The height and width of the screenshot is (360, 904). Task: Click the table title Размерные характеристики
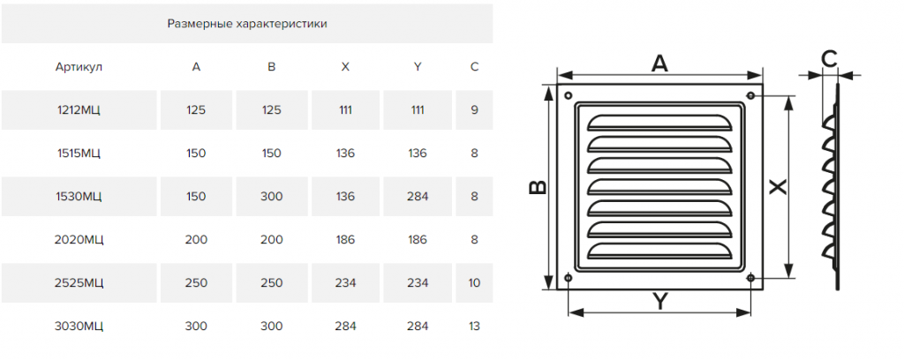point(247,24)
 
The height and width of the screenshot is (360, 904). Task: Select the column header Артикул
point(79,67)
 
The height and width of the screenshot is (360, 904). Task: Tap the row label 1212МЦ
point(79,110)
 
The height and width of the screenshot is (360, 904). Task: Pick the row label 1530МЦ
point(79,197)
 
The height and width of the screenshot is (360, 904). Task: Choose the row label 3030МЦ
point(79,326)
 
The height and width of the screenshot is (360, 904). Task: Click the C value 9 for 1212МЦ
point(474,110)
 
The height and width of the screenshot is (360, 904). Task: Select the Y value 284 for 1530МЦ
point(418,197)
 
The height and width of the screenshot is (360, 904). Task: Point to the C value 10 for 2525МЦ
point(474,283)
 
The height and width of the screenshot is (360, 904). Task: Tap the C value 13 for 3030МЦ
point(474,326)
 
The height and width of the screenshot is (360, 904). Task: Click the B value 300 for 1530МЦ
point(272,197)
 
